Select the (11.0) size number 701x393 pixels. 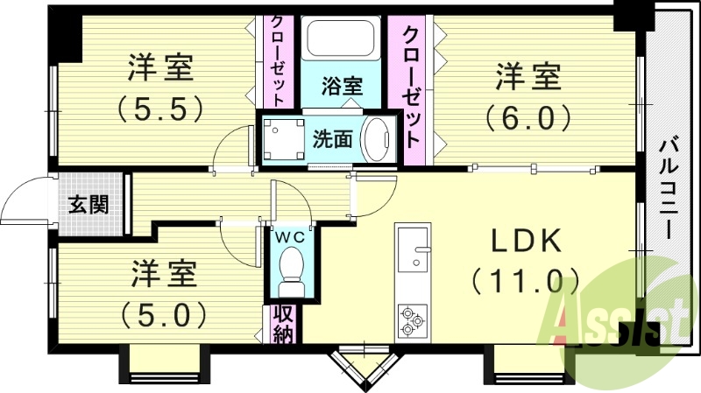point(526,282)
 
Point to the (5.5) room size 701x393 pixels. point(161,108)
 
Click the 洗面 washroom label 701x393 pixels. point(333,138)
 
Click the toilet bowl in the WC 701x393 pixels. point(288,266)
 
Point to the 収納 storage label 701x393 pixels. point(281,323)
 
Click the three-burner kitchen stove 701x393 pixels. point(412,320)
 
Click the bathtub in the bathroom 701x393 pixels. point(340,41)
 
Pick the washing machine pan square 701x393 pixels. point(283,137)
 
